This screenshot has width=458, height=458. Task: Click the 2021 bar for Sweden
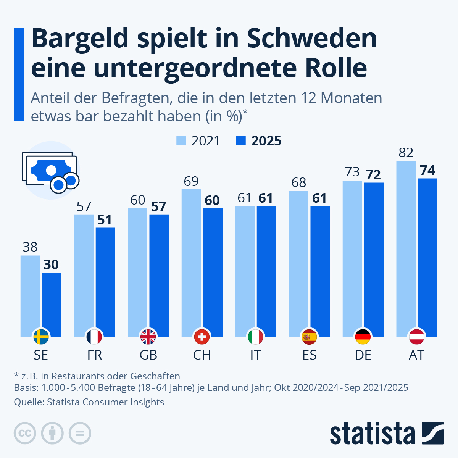point(30,294)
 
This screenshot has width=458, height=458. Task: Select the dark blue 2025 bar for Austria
point(427,256)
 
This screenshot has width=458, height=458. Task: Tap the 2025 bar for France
point(105,281)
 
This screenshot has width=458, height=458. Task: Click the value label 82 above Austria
point(406,153)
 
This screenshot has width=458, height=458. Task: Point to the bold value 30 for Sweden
point(51,264)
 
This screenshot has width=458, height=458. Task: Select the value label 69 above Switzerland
point(191,181)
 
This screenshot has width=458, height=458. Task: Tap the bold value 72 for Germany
point(373,175)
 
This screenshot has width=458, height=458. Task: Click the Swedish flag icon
point(41,337)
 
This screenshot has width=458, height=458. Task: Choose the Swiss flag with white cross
point(202,337)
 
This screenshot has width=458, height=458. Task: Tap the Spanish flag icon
point(309,337)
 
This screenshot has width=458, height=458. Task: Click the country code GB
point(148,355)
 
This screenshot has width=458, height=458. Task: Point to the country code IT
point(255,355)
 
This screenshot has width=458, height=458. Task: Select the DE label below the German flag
point(363,355)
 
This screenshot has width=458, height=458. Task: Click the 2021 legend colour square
point(181,140)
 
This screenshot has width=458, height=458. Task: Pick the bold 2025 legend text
point(266,141)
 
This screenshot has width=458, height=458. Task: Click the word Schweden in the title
point(311,38)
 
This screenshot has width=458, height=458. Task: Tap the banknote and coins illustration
point(50,170)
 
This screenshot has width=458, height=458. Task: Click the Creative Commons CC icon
point(25,433)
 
